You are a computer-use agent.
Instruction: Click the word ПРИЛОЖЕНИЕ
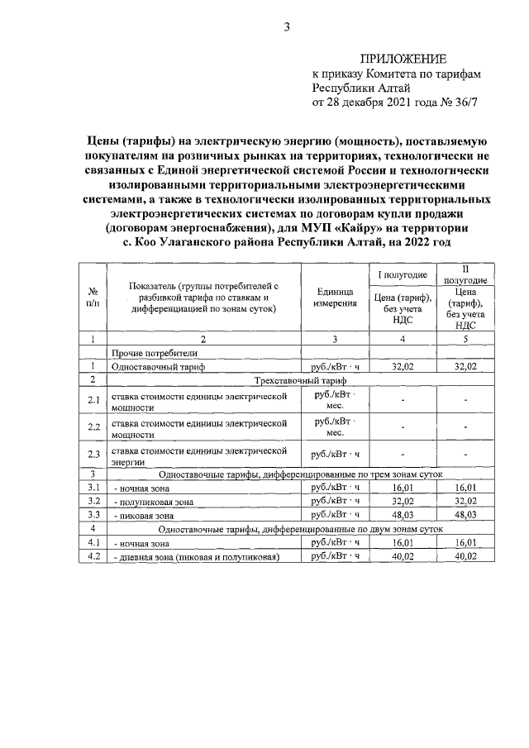[403, 59]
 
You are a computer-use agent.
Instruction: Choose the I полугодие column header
[403, 274]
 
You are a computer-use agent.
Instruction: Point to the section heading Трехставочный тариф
[301, 379]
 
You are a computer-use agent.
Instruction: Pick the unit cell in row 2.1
[335, 401]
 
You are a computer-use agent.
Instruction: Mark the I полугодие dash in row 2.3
[403, 455]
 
